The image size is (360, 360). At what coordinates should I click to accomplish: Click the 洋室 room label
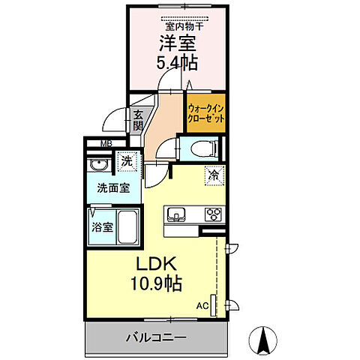point(175,43)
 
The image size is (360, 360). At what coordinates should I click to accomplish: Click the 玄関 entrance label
point(138,121)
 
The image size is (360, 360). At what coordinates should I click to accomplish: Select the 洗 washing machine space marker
point(127,161)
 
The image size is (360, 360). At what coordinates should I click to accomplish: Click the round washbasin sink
point(97,166)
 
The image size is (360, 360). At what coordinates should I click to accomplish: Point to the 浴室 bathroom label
point(102,226)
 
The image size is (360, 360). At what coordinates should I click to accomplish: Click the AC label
point(202,306)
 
